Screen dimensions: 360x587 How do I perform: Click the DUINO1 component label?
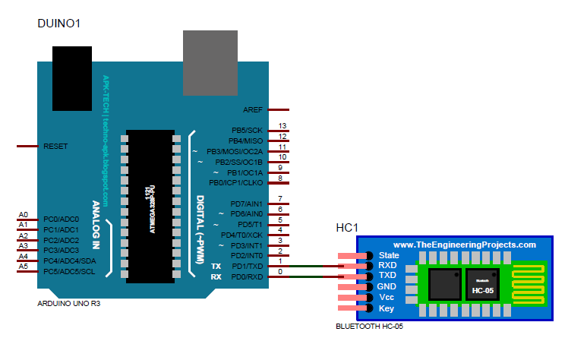[59, 24]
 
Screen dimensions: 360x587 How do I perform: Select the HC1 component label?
[347, 228]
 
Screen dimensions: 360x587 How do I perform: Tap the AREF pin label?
[253, 110]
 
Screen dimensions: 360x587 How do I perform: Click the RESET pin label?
[56, 145]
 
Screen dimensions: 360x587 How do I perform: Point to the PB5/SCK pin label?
[247, 130]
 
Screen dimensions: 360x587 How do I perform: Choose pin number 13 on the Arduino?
[282, 125]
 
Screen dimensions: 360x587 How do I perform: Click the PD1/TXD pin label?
[247, 267]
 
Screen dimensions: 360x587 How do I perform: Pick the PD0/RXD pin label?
[247, 277]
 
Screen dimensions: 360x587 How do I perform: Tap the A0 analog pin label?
[23, 215]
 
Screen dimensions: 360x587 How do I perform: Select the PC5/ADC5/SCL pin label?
[69, 271]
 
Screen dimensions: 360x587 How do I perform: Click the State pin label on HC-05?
[389, 256]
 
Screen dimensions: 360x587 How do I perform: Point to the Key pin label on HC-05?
[386, 308]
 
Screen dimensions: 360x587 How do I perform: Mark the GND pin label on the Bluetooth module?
[388, 287]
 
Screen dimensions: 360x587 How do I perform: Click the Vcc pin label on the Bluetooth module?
[387, 298]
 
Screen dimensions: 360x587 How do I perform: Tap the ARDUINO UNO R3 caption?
[68, 303]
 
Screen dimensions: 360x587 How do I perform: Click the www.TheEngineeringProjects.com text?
[465, 245]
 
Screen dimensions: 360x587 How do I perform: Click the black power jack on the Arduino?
[73, 78]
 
